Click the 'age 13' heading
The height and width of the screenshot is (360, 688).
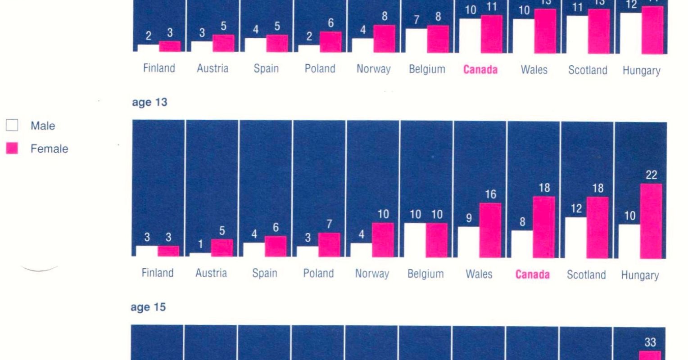[149, 103]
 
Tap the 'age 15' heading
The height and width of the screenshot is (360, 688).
[148, 307]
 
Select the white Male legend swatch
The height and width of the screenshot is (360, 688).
[12, 126]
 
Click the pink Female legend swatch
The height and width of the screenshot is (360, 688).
[12, 148]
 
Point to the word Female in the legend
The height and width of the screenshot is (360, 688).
[49, 149]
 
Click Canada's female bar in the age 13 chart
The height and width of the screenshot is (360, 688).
[544, 227]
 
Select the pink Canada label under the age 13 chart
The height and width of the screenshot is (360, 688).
[533, 274]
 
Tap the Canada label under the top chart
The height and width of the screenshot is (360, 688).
[480, 70]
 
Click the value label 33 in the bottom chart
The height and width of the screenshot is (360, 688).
[650, 342]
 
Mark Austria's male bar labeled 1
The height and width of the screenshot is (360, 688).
[200, 255]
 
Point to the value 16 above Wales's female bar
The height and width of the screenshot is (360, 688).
[490, 194]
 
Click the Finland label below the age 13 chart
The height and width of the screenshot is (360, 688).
[158, 273]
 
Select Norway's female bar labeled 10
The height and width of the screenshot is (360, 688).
[383, 240]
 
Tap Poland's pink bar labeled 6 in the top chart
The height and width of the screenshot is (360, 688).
[330, 42]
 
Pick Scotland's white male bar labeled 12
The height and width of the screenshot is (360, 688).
[576, 237]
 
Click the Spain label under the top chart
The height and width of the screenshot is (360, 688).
[266, 69]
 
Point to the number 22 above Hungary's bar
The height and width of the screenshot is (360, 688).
[651, 175]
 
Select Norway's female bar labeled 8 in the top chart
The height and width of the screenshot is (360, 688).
[384, 39]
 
